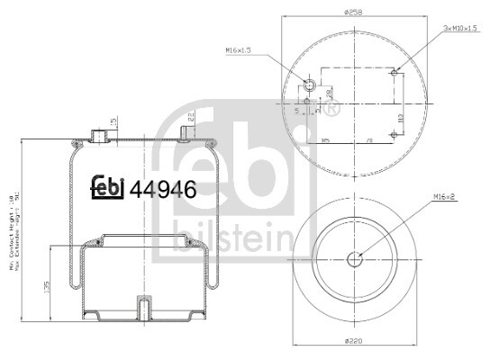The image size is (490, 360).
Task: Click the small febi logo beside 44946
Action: (108, 187)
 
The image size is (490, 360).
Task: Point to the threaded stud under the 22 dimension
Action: (186, 134)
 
